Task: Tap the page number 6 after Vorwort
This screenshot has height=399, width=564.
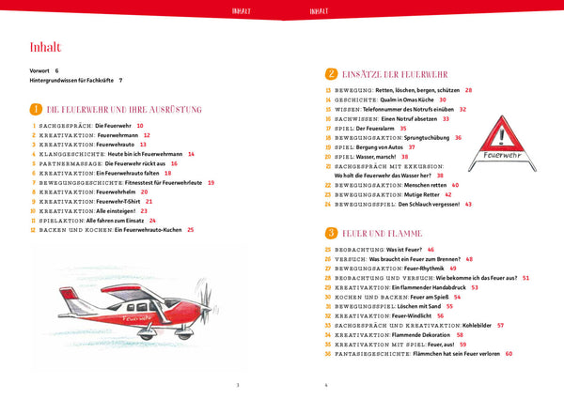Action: point(57,70)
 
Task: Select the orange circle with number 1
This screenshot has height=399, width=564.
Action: point(36,109)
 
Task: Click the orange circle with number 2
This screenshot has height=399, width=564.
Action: point(331,73)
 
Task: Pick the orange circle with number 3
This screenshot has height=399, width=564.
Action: point(331,232)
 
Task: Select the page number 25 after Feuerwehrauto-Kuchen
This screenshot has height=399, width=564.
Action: point(191,230)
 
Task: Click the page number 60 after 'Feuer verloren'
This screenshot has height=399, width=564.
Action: point(509,354)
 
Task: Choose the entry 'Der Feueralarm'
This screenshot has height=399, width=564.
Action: point(384,128)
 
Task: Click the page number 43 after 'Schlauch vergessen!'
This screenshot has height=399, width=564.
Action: point(468,204)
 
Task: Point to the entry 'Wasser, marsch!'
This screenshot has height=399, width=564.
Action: point(379,157)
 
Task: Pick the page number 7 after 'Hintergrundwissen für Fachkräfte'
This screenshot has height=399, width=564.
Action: point(121,81)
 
